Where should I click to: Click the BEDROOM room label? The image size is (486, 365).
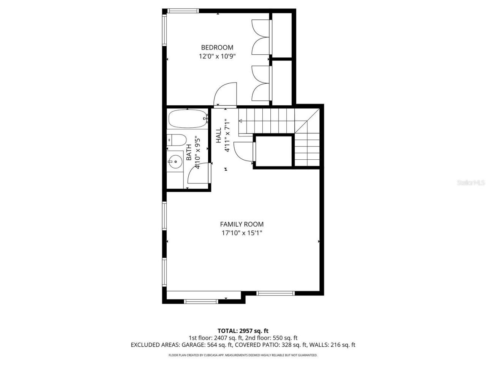click(217, 48)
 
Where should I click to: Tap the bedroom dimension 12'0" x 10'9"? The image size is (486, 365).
click(217, 56)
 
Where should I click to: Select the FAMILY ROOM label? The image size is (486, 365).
click(242, 224)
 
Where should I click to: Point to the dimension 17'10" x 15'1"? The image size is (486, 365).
click(242, 233)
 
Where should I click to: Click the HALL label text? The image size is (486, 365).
click(219, 136)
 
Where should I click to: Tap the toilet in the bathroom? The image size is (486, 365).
click(177, 140)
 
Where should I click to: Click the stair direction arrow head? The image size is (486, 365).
click(240, 121)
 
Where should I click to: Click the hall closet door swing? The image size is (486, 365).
click(243, 151)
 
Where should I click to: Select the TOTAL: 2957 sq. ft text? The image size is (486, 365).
click(243, 331)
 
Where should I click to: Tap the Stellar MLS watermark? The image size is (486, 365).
click(471, 182)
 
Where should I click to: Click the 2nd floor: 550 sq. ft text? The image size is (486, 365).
click(273, 338)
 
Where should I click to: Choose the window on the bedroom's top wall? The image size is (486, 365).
click(183, 11)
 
